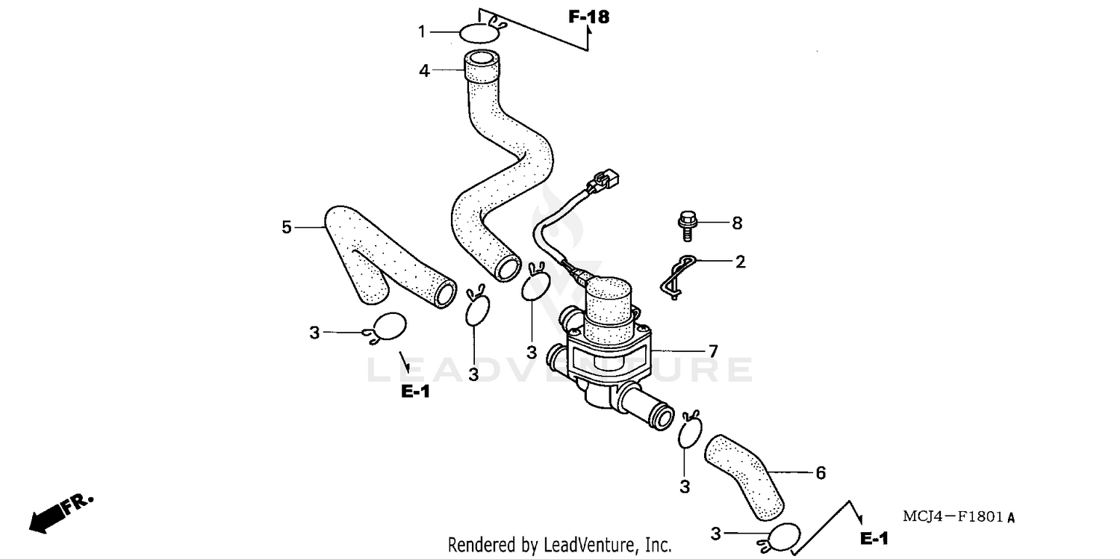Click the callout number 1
(421, 32)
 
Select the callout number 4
(424, 71)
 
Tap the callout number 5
(287, 227)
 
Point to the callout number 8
(737, 223)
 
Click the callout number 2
(740, 262)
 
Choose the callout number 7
(713, 350)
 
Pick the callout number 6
(820, 472)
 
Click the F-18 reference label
(588, 17)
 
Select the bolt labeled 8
(686, 225)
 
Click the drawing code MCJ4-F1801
(959, 516)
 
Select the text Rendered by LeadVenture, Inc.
(559, 545)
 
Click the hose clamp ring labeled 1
(478, 33)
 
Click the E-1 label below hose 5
(415, 391)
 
